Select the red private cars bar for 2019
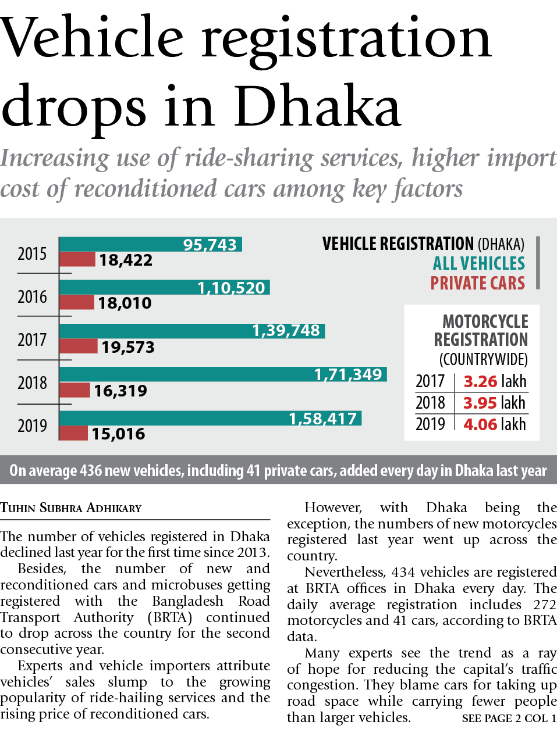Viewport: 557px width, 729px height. click(74, 433)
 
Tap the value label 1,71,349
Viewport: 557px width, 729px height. click(348, 374)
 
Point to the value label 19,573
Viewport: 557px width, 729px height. click(128, 348)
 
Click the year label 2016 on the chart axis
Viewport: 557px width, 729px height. click(32, 297)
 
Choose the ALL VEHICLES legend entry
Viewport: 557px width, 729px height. click(478, 263)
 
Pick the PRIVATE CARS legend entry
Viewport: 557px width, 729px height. click(477, 283)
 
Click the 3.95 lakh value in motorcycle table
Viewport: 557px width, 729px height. click(494, 403)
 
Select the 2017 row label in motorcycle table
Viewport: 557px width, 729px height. click(430, 381)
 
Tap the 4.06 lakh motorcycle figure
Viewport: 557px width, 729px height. click(494, 424)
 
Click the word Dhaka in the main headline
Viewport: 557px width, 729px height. click(318, 108)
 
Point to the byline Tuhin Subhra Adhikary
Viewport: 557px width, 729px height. click(71, 508)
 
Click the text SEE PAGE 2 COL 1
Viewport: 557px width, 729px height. click(509, 719)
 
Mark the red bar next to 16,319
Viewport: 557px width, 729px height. click(75, 390)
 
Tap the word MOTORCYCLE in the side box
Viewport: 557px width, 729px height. click(485, 321)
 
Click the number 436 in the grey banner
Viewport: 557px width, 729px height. click(91, 470)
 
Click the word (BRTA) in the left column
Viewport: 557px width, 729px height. click(170, 617)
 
